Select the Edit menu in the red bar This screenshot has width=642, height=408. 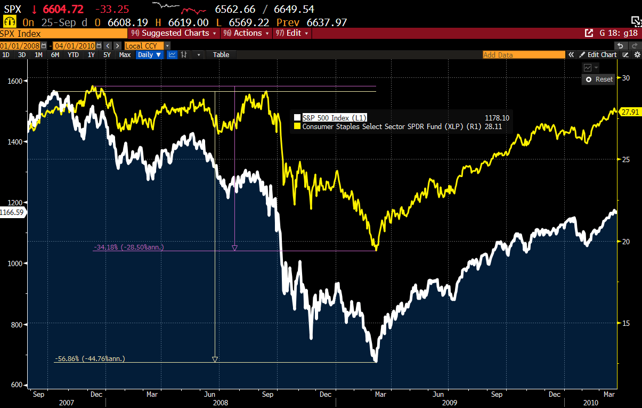click(x=291, y=33)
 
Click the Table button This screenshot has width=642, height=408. click(x=221, y=54)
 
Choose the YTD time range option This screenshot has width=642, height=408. click(x=74, y=54)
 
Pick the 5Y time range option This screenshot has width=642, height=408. click(x=107, y=54)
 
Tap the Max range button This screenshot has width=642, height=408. click(x=125, y=54)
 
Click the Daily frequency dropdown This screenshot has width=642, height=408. click(x=150, y=54)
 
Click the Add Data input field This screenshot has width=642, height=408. click(x=523, y=55)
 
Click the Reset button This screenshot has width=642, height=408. click(x=599, y=79)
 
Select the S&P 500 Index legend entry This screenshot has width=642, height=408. click(x=335, y=117)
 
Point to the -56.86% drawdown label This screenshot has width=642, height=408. click(x=90, y=358)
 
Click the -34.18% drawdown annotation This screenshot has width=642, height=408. click(x=129, y=247)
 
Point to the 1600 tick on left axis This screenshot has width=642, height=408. click(x=15, y=81)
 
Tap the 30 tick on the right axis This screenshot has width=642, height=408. click(x=626, y=78)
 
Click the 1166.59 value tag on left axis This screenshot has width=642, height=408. click(x=12, y=212)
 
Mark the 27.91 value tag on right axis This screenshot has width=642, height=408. click(x=629, y=112)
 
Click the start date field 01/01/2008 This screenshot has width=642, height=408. click(x=20, y=46)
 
